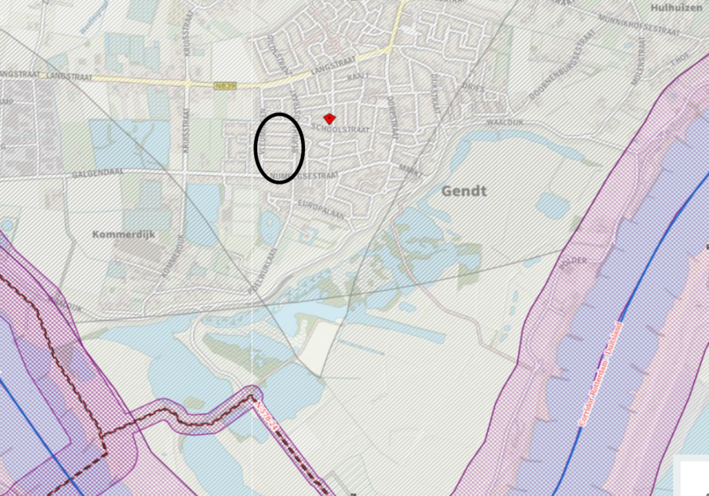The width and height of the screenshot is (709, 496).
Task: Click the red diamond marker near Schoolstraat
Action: tap(329, 117)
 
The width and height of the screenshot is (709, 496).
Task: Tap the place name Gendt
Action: tap(463, 191)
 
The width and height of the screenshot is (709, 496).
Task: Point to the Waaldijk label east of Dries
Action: tap(504, 122)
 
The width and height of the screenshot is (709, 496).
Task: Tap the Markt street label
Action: tap(410, 169)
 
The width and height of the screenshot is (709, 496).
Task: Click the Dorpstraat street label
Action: tap(392, 110)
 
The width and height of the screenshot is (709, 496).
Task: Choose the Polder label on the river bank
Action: tap(573, 264)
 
